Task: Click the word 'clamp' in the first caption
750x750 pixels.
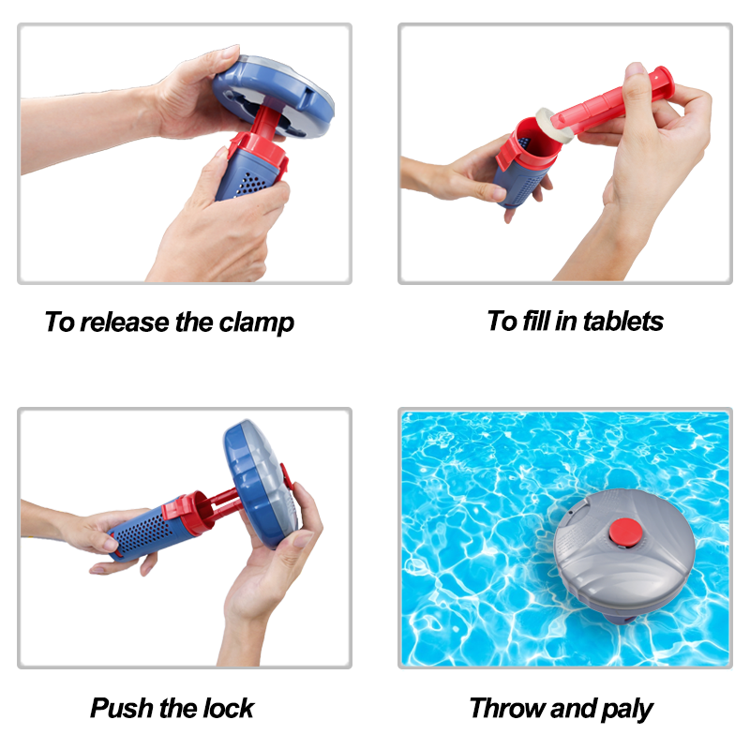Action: (x=256, y=322)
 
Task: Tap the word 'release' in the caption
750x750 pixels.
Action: (x=125, y=322)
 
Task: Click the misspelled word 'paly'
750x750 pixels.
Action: (x=626, y=710)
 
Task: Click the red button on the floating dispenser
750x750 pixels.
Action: (x=625, y=532)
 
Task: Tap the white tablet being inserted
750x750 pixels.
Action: (x=554, y=126)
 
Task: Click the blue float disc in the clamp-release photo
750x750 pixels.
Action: (x=273, y=97)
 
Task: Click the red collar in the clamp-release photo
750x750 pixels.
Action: (x=259, y=151)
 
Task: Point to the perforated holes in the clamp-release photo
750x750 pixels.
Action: (x=250, y=185)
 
